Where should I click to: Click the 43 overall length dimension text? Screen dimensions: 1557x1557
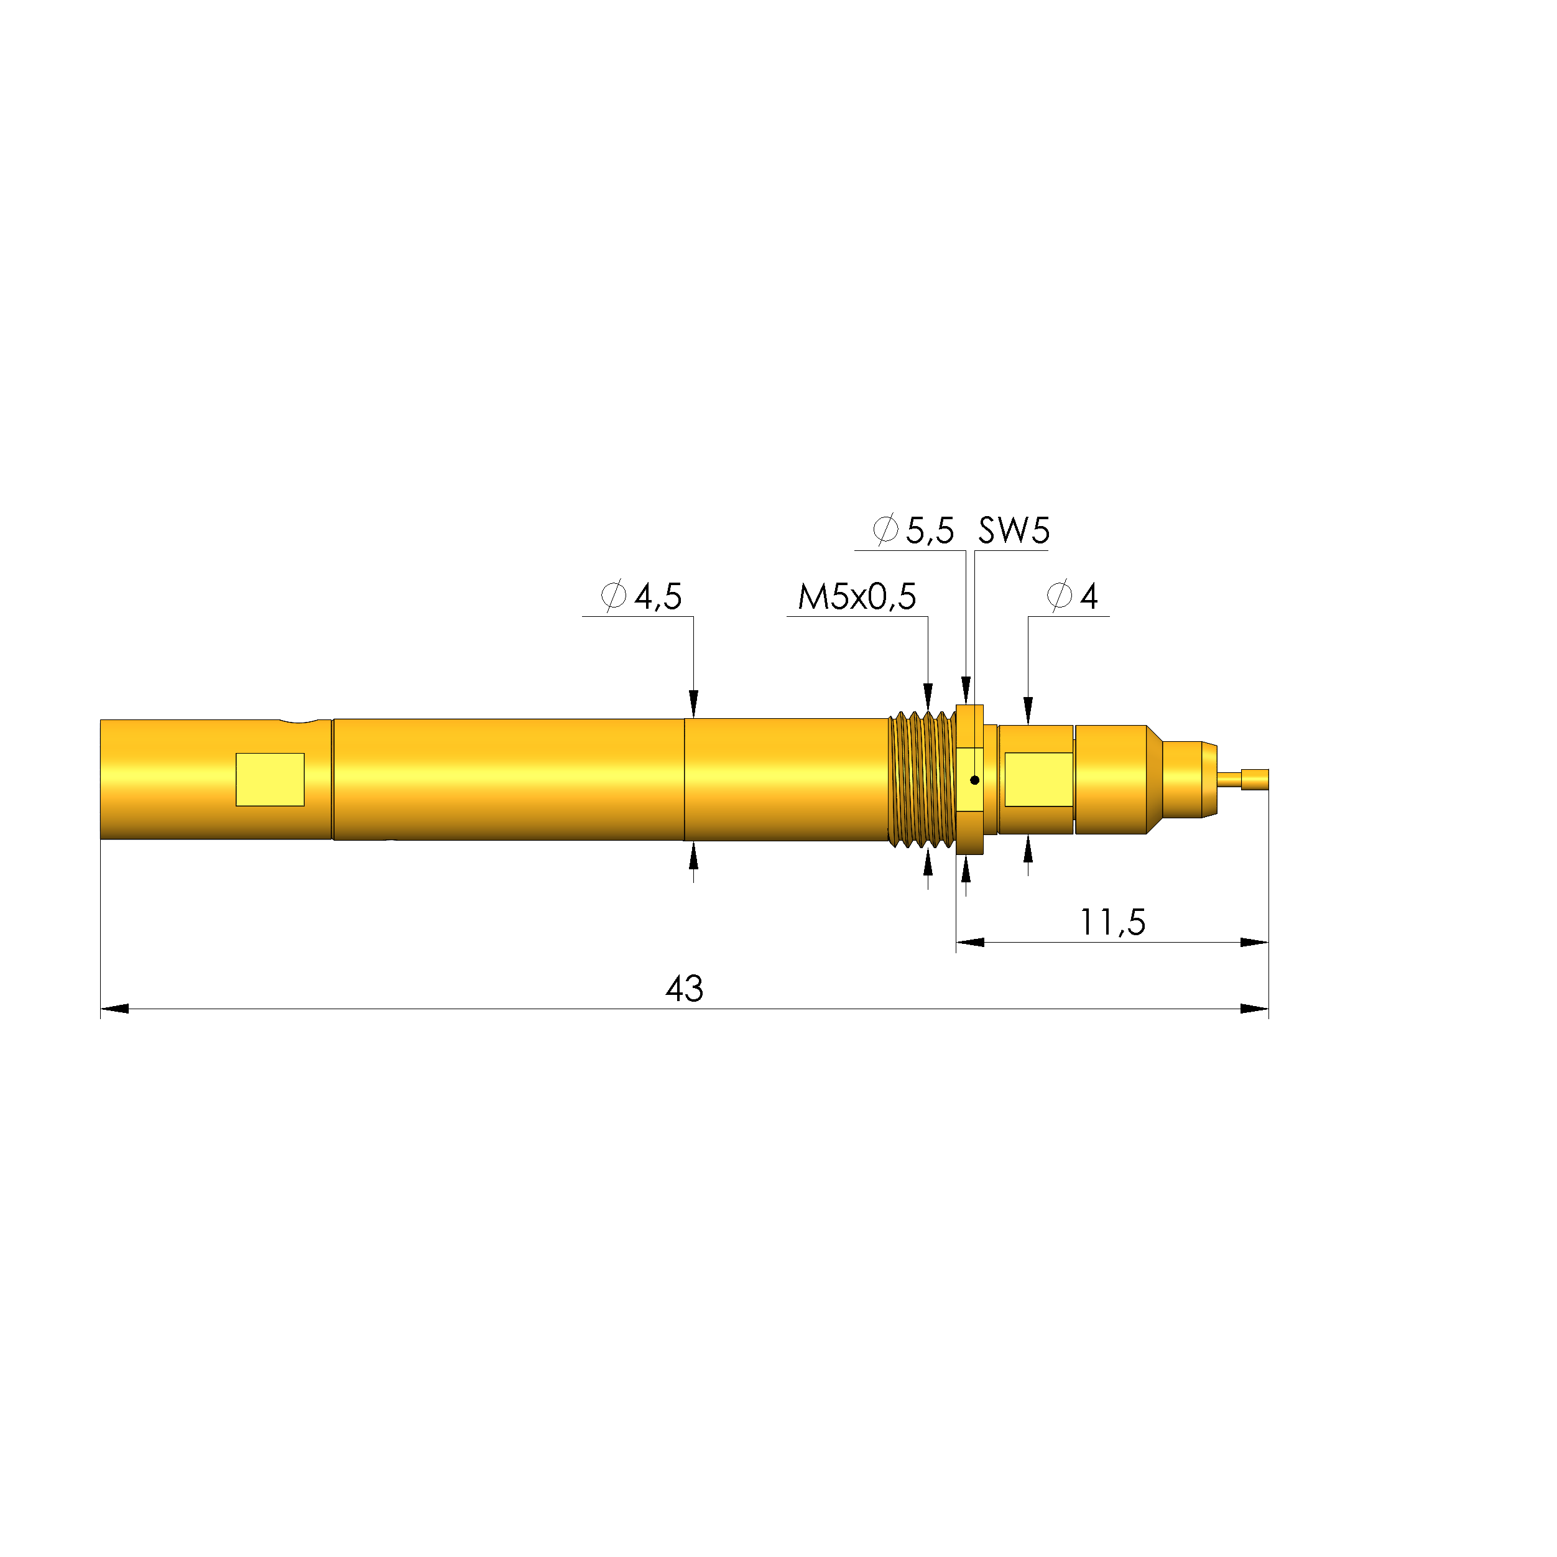coord(684,989)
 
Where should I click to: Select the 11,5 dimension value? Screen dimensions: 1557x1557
coord(1112,923)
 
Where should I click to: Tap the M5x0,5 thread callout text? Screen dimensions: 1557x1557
coord(857,597)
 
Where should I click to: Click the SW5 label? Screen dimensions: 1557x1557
coord(1013,531)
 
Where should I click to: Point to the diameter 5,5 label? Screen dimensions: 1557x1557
coord(914,531)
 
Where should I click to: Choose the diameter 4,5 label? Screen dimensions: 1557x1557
coord(642,597)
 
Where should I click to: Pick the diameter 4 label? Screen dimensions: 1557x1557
coord(1073,597)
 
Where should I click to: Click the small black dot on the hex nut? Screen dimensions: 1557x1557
coord(974,780)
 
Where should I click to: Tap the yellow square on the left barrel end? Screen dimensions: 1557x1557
coord(270,779)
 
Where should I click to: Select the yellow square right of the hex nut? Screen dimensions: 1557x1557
coord(1038,779)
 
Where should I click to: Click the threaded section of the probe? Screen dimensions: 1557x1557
coord(921,779)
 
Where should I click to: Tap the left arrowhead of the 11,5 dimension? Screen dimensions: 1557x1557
coord(970,942)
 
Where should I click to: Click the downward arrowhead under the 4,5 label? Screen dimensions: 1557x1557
coord(693,703)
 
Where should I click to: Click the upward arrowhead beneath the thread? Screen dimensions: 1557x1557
coord(928,861)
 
